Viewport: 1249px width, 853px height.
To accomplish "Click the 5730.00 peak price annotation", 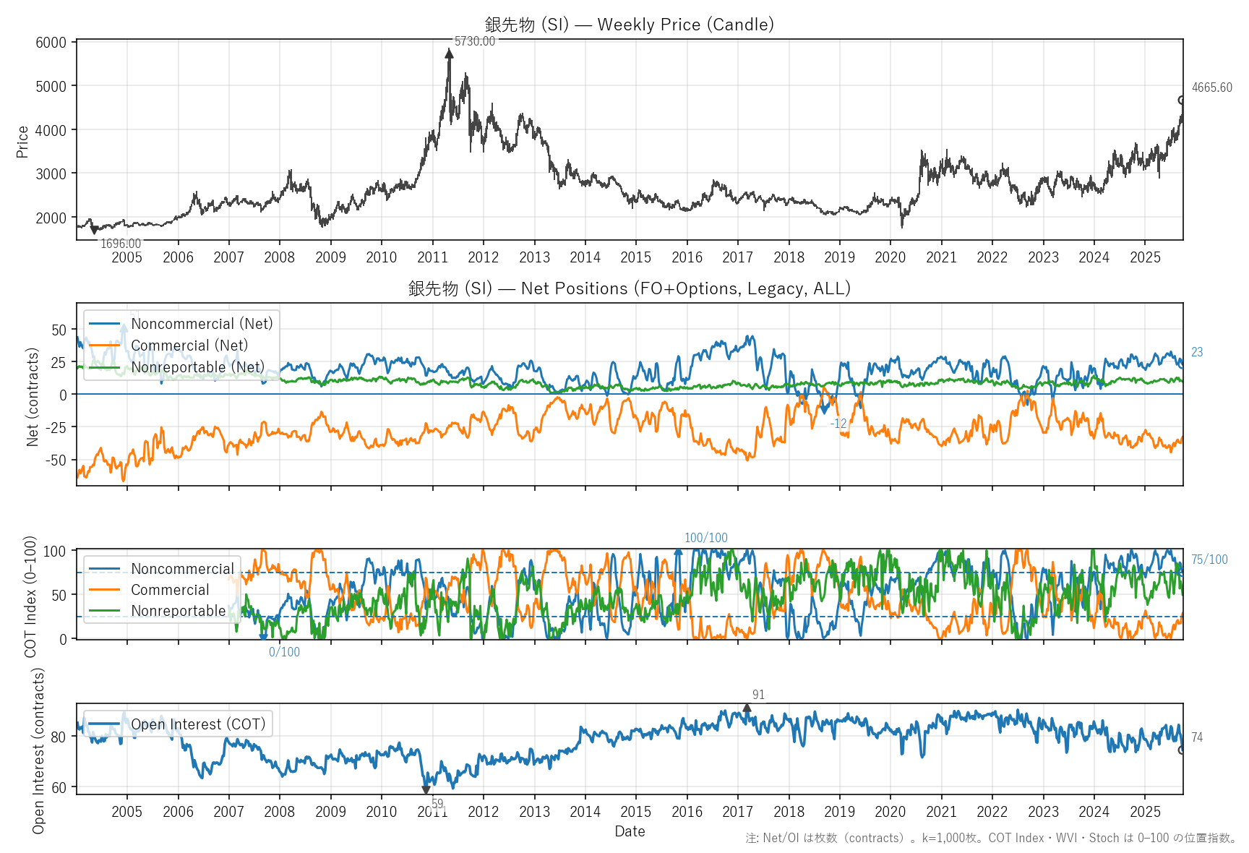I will (475, 41).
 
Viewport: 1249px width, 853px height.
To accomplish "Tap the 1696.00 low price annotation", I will (121, 244).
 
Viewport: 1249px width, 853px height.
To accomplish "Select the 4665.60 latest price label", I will (1211, 87).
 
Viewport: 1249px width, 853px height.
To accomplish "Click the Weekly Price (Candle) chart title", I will (629, 25).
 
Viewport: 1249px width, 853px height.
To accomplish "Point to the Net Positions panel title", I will (629, 288).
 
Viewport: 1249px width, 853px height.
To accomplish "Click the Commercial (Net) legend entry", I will (189, 346).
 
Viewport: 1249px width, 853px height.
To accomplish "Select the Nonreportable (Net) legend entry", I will (197, 367).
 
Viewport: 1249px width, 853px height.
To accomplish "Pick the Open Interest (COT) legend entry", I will (198, 724).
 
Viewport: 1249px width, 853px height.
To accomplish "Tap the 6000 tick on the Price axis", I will (51, 43).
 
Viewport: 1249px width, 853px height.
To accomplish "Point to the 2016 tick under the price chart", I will (687, 257).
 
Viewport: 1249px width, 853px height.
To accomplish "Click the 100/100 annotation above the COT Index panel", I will (705, 538).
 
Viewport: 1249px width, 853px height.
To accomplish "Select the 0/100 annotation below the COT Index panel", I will (284, 652).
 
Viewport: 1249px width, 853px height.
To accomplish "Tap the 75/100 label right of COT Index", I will (1209, 560).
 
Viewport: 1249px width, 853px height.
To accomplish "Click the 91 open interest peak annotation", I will (758, 695).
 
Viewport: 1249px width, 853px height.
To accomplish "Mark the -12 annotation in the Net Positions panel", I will (838, 424).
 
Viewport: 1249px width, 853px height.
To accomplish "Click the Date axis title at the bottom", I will (630, 831).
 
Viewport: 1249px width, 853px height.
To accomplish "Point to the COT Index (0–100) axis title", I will (30, 596).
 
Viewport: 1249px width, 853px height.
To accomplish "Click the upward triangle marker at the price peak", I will (449, 53).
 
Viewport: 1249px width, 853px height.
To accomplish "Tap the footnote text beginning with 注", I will (991, 839).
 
